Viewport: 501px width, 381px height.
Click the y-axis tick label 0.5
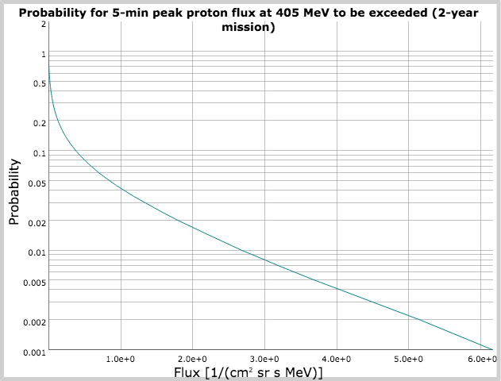pos(40,83)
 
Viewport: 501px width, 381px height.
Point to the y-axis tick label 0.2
pos(40,123)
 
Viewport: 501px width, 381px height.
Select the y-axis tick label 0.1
pos(40,152)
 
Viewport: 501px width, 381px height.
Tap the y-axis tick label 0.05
pos(38,183)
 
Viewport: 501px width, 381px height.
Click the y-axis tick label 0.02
pos(38,222)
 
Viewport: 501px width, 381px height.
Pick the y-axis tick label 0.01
pos(38,252)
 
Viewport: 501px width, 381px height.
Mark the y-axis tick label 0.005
pos(36,282)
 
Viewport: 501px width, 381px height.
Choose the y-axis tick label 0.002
pos(36,321)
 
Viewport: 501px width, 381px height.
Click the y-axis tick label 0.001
pos(36,352)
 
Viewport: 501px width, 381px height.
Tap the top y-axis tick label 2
pos(43,24)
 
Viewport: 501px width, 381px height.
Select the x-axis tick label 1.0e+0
pos(121,360)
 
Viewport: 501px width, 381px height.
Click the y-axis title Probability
pos(13,191)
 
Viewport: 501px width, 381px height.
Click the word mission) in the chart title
pos(249,27)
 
